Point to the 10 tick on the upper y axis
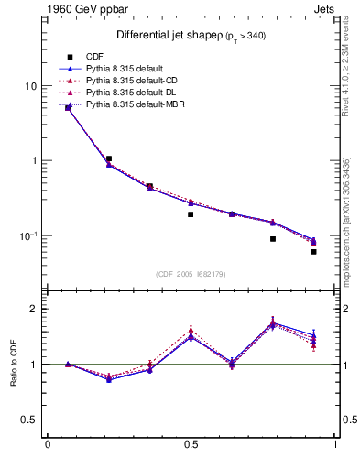(x=32, y=86)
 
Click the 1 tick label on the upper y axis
(x=35, y=161)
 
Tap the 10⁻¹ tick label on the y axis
(x=29, y=235)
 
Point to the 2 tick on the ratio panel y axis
(x=35, y=309)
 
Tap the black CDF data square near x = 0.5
(x=191, y=214)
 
